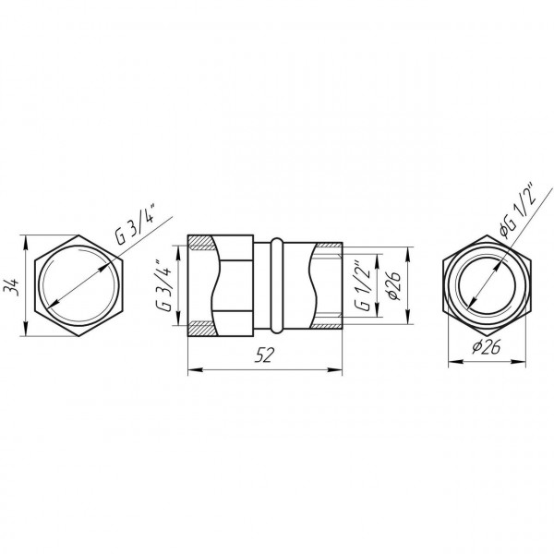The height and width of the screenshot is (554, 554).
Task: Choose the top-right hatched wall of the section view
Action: pyautogui.click(x=327, y=245)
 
